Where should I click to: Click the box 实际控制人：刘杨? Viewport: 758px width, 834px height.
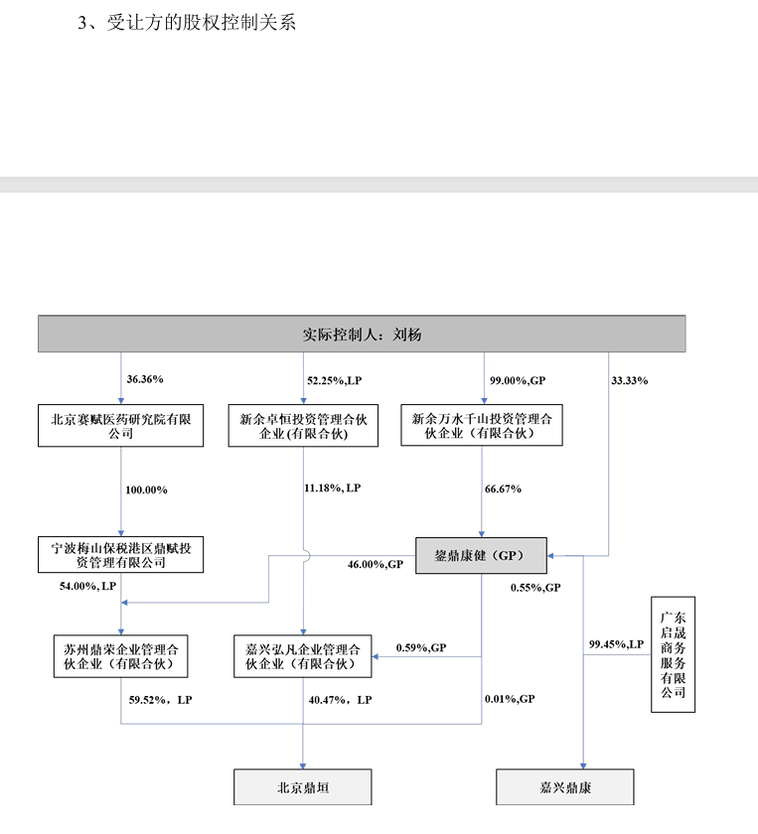tap(362, 335)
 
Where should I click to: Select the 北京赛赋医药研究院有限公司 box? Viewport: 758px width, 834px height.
tap(120, 425)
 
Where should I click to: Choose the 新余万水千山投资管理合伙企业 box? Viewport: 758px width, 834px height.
tap(482, 425)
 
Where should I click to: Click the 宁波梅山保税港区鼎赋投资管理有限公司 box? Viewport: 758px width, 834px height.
tap(120, 555)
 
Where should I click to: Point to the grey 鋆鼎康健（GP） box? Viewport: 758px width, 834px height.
tap(481, 555)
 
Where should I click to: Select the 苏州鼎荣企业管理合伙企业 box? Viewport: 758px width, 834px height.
tap(120, 656)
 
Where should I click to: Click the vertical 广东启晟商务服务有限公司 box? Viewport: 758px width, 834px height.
tap(673, 654)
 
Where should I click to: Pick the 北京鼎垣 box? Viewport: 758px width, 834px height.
tap(303, 787)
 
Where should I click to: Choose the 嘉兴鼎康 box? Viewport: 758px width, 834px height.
tap(564, 787)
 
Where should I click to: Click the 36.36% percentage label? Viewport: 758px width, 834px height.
tap(145, 379)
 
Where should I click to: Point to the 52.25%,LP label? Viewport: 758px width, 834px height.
tap(335, 379)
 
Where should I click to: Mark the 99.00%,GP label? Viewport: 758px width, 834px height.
tap(518, 379)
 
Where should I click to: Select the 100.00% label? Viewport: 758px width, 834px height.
tap(146, 489)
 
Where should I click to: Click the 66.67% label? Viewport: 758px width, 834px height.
tap(505, 488)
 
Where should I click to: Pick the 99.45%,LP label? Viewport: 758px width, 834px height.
tap(616, 644)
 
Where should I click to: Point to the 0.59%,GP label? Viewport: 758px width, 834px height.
tap(421, 647)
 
